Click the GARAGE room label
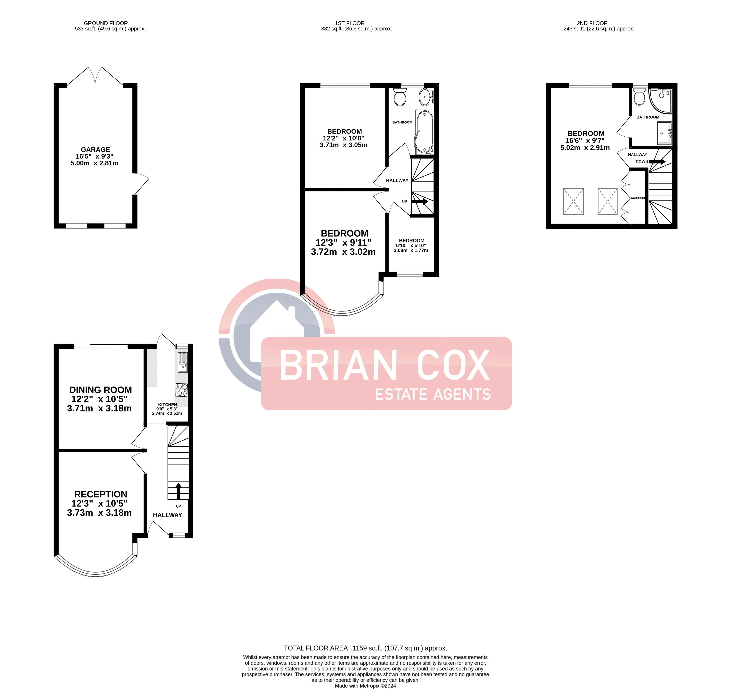click(x=95, y=149)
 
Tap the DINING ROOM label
click(x=100, y=390)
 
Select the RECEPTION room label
click(x=100, y=494)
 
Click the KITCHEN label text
click(x=167, y=404)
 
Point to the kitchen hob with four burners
click(x=182, y=390)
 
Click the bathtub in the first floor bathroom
click(x=425, y=132)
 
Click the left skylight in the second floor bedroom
click(x=573, y=201)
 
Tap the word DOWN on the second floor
click(x=642, y=162)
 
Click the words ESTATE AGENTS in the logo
click(x=433, y=394)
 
